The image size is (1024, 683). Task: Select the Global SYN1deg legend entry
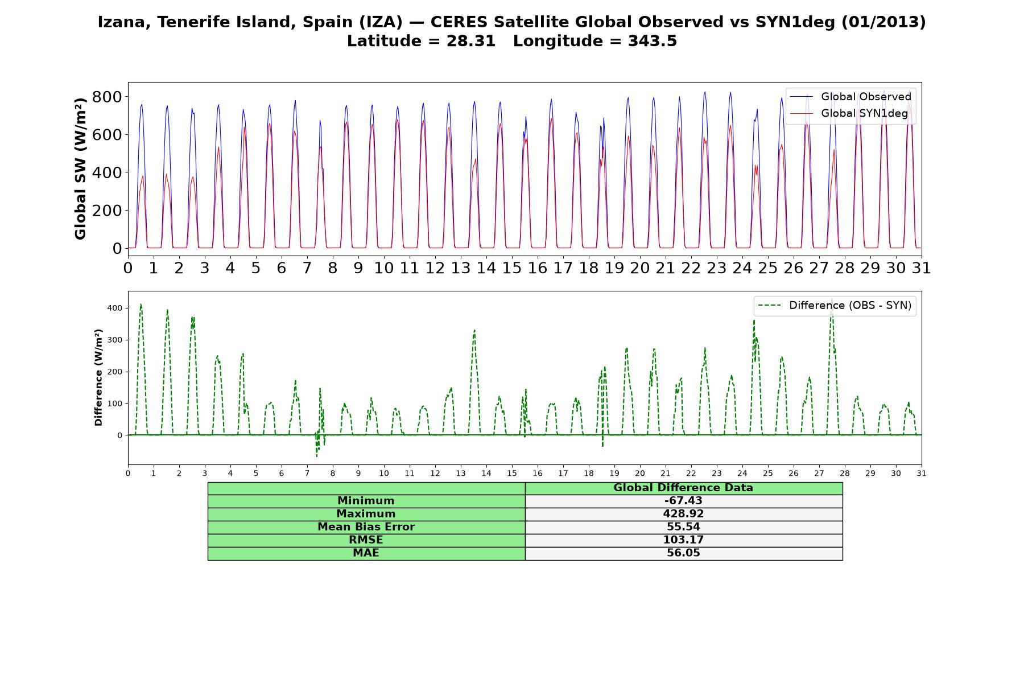(x=849, y=113)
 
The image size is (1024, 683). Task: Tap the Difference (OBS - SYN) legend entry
(x=835, y=306)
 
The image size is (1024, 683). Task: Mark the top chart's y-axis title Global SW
(x=80, y=168)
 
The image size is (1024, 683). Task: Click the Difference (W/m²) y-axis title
(x=98, y=377)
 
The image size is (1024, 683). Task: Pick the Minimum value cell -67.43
(x=683, y=501)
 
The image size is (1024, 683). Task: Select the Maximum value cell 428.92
(x=683, y=514)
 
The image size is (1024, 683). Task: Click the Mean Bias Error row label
(x=366, y=527)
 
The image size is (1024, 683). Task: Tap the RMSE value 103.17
(x=683, y=540)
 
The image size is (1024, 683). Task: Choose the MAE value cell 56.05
(x=683, y=553)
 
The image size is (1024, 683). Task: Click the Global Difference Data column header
(x=683, y=488)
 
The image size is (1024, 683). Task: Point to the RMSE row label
(x=366, y=540)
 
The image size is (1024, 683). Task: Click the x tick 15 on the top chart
(x=512, y=268)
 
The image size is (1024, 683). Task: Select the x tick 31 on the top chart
(x=922, y=268)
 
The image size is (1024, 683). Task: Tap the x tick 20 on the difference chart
(x=640, y=473)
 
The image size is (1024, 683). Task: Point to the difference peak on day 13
(x=474, y=330)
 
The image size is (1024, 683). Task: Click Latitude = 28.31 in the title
(x=421, y=41)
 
